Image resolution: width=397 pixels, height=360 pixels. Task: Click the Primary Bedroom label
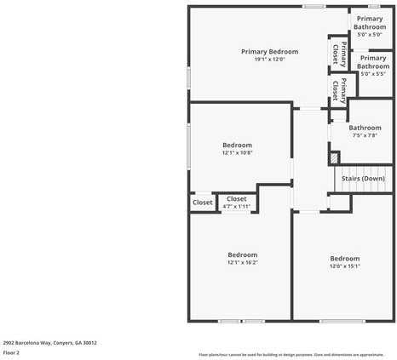pyautogui.click(x=269, y=52)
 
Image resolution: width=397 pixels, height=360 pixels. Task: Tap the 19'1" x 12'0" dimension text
pyautogui.click(x=269, y=60)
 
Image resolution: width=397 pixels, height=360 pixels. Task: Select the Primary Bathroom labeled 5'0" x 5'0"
pyautogui.click(x=370, y=23)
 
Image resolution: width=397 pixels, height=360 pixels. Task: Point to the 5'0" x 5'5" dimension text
pyautogui.click(x=373, y=74)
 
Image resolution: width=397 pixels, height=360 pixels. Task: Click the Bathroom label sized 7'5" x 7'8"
pyautogui.click(x=365, y=128)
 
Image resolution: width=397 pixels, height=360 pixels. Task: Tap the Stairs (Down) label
pyautogui.click(x=362, y=179)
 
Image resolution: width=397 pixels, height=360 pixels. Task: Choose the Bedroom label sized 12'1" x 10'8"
pyautogui.click(x=237, y=145)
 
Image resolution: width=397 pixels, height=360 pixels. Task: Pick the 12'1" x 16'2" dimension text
pyautogui.click(x=242, y=263)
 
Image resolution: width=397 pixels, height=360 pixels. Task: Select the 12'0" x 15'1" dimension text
pyautogui.click(x=344, y=266)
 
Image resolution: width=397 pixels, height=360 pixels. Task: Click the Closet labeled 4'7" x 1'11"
pyautogui.click(x=236, y=199)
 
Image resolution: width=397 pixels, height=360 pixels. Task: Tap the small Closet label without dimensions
pyautogui.click(x=203, y=203)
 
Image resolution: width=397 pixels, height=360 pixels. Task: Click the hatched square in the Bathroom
pyautogui.click(x=335, y=157)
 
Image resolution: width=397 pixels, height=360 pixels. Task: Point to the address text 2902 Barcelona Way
pyautogui.click(x=49, y=343)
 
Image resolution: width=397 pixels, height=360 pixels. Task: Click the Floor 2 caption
pyautogui.click(x=12, y=352)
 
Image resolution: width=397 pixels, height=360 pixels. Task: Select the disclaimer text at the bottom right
pyautogui.click(x=291, y=354)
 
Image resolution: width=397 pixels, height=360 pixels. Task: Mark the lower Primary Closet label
pyautogui.click(x=339, y=88)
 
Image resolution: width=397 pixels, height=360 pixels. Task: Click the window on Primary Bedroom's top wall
pyautogui.click(x=314, y=7)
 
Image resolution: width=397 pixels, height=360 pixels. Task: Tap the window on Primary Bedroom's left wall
pyautogui.click(x=188, y=77)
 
